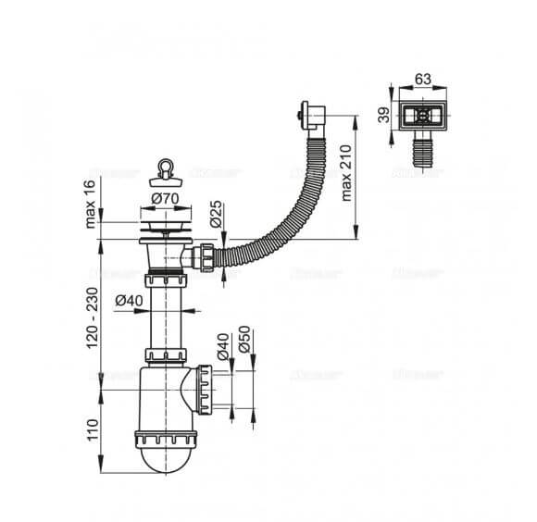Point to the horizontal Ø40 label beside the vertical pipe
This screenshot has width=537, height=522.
click(x=129, y=300)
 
